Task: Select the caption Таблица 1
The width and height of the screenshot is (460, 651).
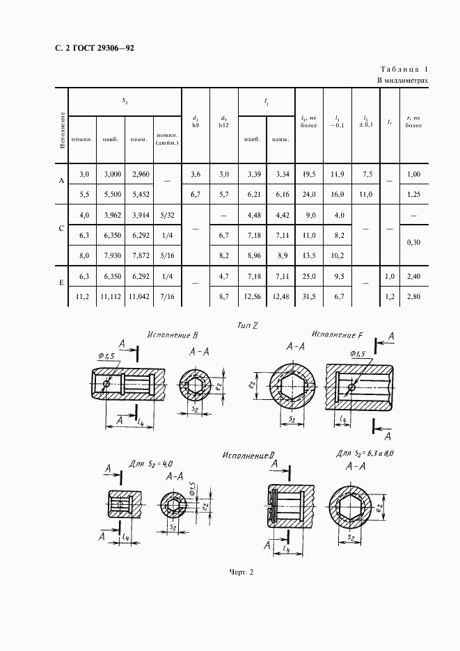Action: tap(404, 70)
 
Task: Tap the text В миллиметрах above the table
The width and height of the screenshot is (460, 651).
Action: tap(402, 81)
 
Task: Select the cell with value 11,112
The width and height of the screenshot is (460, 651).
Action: tap(110, 297)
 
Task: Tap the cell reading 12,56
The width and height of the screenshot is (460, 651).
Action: tap(252, 297)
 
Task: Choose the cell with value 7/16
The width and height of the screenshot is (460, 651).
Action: tap(167, 297)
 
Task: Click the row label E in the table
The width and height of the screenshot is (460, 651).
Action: tap(61, 284)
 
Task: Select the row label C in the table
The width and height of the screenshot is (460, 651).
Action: tap(61, 227)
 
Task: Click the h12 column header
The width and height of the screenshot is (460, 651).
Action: tap(223, 126)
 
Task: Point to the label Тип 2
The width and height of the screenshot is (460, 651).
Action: tap(248, 325)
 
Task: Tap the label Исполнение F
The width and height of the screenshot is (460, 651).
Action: tap(338, 334)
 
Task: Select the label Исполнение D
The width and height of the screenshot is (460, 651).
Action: tap(249, 456)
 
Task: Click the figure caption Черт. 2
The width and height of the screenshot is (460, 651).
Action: tap(241, 572)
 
